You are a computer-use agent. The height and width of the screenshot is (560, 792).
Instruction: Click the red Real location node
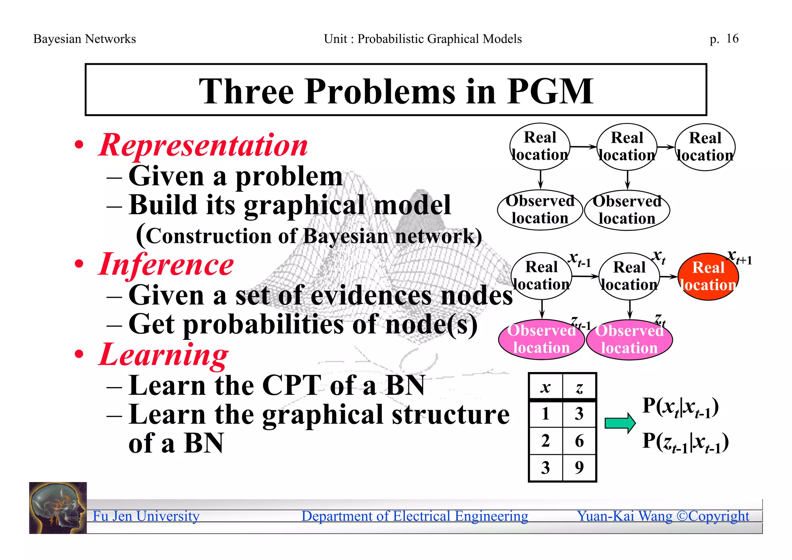coord(708,277)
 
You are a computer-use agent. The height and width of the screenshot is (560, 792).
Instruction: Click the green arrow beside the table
coord(620,423)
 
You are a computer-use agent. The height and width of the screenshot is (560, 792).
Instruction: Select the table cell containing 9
coord(579,468)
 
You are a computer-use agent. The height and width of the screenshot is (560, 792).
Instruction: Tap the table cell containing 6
coord(579,441)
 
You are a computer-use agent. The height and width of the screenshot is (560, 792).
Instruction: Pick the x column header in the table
coord(545,387)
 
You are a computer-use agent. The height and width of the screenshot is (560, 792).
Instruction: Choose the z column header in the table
coord(579,387)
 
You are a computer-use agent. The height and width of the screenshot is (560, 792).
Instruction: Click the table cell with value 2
coord(545,441)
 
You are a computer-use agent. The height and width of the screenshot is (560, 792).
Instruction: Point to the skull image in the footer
coord(58,508)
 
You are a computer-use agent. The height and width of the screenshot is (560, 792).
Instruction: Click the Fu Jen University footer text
coord(146,516)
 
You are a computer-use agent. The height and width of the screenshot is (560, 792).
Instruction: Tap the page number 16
coord(732,38)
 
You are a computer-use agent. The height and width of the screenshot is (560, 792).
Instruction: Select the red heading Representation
coord(203,145)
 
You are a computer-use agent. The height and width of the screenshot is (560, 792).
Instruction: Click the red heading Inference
coord(166,264)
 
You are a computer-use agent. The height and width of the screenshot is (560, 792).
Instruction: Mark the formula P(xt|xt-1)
coord(680,407)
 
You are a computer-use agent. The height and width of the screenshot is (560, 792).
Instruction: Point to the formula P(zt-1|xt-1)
coord(685,442)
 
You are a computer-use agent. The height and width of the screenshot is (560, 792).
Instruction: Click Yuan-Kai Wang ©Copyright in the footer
coord(663,516)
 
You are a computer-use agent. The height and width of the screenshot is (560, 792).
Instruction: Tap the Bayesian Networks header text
coord(85,39)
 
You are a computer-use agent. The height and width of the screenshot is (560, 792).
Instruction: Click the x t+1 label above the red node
coord(739,257)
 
